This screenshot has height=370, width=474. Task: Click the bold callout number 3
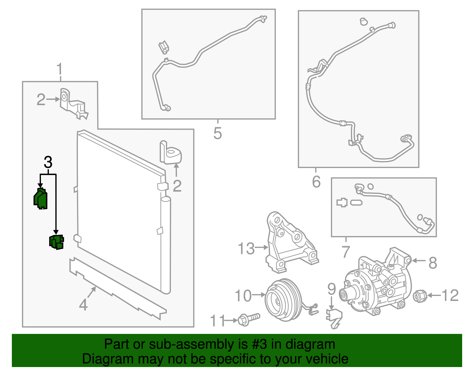[x=48, y=162]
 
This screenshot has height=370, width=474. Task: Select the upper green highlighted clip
[x=41, y=199]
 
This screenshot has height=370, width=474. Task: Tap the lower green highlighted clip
[x=56, y=242]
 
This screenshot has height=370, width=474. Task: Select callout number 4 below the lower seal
[x=83, y=305]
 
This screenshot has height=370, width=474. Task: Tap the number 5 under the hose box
[x=217, y=133]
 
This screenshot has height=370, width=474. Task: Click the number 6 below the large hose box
[x=316, y=182]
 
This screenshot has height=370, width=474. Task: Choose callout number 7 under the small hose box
[x=346, y=252]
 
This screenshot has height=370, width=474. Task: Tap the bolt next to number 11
[x=248, y=319]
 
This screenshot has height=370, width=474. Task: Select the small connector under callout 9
[x=334, y=318]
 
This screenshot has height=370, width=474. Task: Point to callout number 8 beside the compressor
[x=433, y=262]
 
